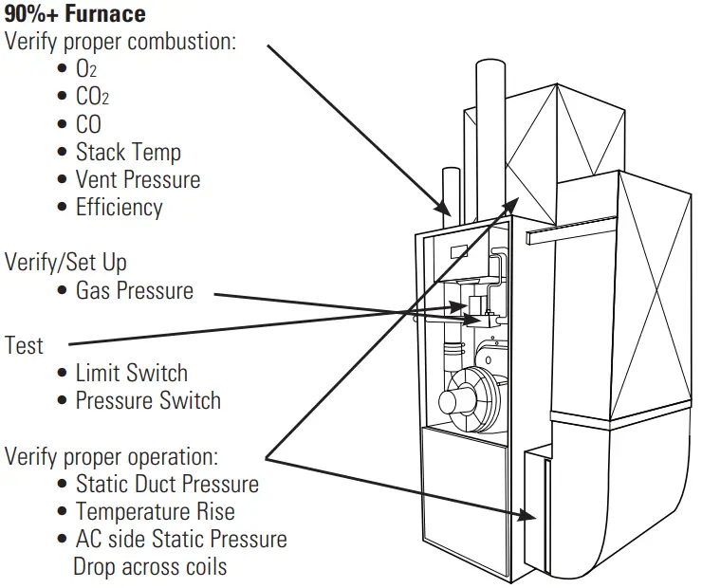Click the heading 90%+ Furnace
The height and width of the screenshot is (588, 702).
[x=75, y=14]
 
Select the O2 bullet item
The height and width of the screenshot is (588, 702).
[x=86, y=69]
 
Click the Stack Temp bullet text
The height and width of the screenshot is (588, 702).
[x=128, y=152]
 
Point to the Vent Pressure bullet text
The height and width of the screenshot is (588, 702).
[x=138, y=179]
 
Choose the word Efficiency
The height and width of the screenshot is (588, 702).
[x=119, y=207]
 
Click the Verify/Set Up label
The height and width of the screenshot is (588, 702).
[x=65, y=262]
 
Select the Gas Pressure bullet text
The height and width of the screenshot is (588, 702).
[x=134, y=290]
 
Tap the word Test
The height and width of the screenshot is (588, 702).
[x=24, y=345]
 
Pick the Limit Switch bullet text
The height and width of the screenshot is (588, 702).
[x=132, y=373]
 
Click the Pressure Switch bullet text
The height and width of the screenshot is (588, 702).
[x=148, y=400]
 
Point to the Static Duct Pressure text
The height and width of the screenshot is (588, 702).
[x=167, y=484]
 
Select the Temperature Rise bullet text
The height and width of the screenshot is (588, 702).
[x=156, y=511]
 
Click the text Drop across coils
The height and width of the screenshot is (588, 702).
[x=150, y=566]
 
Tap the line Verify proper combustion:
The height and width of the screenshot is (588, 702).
[x=120, y=42]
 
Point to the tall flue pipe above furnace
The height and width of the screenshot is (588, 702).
[x=489, y=142]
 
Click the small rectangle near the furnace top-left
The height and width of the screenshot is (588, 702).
[x=458, y=250]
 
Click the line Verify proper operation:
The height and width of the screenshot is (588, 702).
[x=112, y=456]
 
